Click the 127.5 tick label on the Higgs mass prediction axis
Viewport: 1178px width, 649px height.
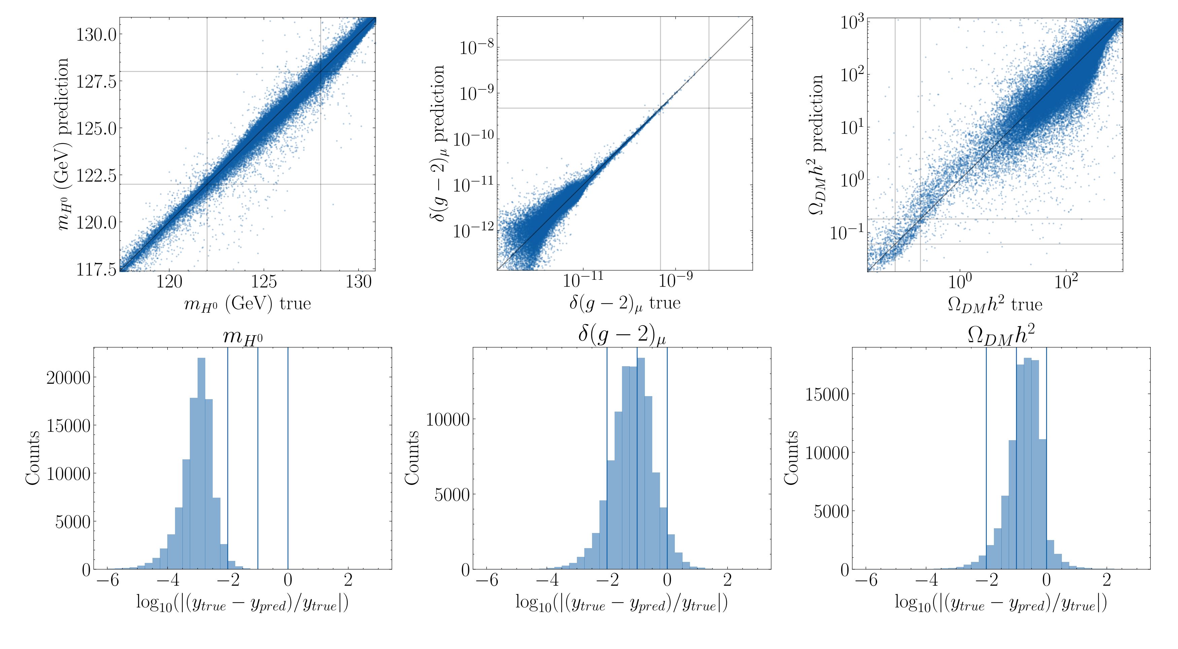[x=96, y=81]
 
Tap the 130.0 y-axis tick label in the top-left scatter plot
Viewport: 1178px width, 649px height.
[x=96, y=34]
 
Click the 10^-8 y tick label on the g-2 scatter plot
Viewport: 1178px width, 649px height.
[x=477, y=47]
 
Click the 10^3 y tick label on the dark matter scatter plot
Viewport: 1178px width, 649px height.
[x=852, y=22]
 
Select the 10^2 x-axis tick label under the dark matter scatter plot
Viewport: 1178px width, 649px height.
[x=1066, y=281]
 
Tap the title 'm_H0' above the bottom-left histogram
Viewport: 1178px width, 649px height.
[x=243, y=337]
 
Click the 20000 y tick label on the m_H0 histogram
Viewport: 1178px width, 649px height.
[x=69, y=378]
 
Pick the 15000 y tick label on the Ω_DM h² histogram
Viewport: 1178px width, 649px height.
[x=826, y=394]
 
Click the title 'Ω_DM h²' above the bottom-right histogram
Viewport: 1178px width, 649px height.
[x=1001, y=336]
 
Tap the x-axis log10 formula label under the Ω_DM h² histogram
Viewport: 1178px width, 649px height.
[x=1001, y=603]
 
